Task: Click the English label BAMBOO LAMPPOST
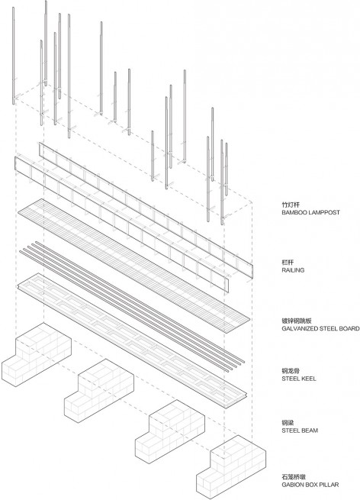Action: pyautogui.click(x=310, y=212)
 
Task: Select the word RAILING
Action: pyautogui.click(x=293, y=270)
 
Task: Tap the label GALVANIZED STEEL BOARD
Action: pyautogui.click(x=320, y=328)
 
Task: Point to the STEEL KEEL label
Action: pyautogui.click(x=299, y=379)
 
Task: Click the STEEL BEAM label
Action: pyautogui.click(x=300, y=431)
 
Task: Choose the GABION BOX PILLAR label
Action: pyautogui.click(x=310, y=485)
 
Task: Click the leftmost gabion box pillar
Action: pyautogui.click(x=37, y=355)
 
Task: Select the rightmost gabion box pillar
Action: pyautogui.click(x=230, y=467)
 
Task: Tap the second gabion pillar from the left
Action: pyautogui.click(x=98, y=391)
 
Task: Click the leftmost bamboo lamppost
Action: pyautogui.click(x=14, y=56)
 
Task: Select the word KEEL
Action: pyautogui.click(x=308, y=379)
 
